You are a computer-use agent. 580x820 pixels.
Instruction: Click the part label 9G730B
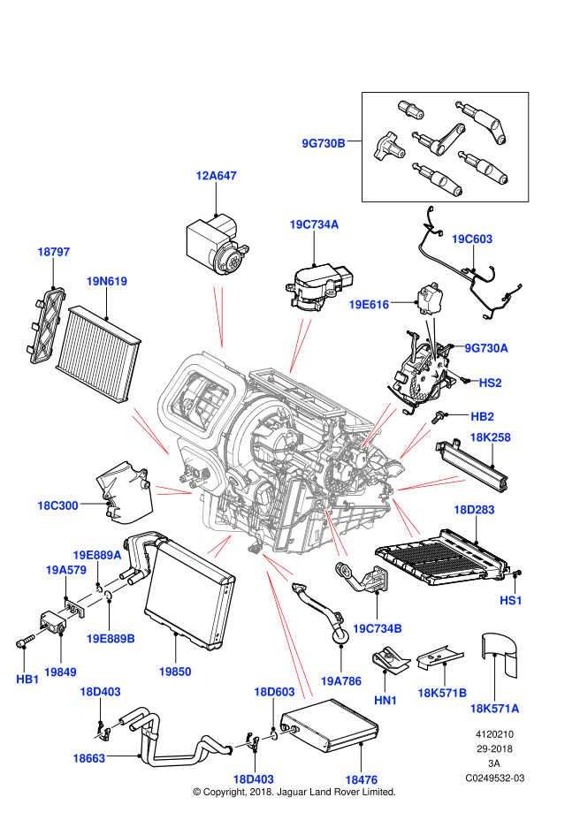[324, 143]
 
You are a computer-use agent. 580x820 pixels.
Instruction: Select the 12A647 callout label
[216, 176]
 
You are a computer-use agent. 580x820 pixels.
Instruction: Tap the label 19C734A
[314, 224]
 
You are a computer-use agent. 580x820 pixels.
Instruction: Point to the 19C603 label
[472, 239]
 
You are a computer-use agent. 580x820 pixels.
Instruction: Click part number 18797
[53, 252]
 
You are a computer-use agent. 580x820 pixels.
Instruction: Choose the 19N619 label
[106, 281]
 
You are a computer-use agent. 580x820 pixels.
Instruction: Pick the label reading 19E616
[369, 305]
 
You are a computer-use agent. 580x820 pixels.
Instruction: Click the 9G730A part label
[486, 348]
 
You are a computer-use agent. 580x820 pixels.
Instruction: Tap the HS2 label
[490, 383]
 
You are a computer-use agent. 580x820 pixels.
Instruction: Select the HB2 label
[482, 416]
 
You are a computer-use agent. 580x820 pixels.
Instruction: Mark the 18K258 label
[490, 437]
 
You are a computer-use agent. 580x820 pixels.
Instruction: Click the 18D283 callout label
[474, 510]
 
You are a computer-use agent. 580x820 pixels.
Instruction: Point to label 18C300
[57, 505]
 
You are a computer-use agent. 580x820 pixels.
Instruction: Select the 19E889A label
[97, 555]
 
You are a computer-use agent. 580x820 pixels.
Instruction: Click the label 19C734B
[378, 628]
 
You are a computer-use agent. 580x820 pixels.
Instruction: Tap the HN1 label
[385, 700]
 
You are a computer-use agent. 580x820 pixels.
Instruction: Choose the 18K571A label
[494, 708]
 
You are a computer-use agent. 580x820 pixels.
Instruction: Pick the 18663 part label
[88, 758]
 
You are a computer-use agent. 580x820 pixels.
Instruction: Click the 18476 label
[361, 779]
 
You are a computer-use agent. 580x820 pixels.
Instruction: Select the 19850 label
[175, 672]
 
